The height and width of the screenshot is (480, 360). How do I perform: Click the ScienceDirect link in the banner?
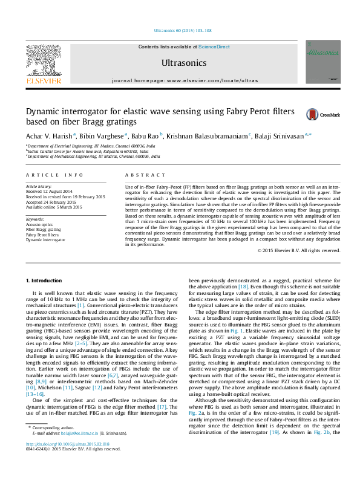pos(214,47)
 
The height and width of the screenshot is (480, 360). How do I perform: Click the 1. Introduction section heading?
pos(45,281)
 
